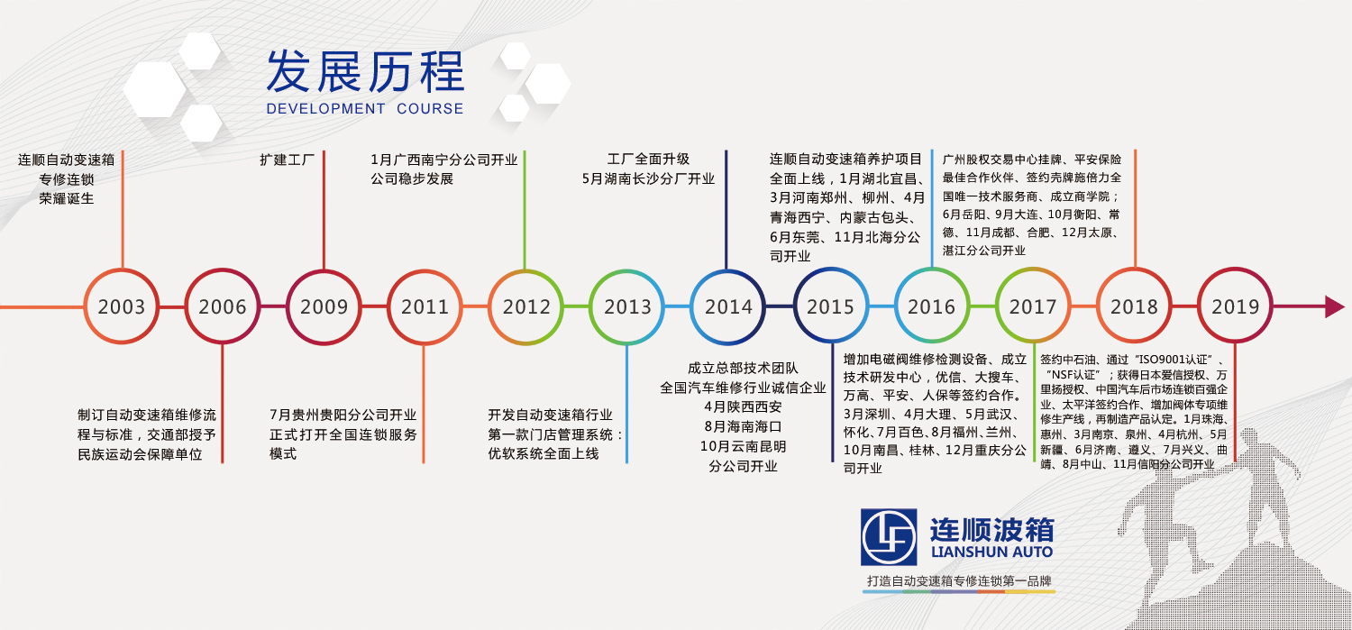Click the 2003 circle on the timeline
[122, 270]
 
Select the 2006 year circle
[222, 270]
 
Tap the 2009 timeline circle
[324, 270]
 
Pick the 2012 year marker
[525, 270]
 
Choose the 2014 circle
[728, 270]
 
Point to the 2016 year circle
[932, 270]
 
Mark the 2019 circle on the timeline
[1236, 270]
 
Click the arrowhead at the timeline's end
[1335, 306]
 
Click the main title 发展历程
[365, 72]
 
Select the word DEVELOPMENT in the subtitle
[325, 109]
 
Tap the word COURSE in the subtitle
[430, 109]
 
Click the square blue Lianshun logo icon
[889, 536]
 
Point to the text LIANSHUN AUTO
[991, 552]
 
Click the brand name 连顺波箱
[991, 529]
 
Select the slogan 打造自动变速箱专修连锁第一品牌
[959, 581]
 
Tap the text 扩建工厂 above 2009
[288, 160]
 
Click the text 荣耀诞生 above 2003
[67, 198]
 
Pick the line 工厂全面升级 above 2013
[648, 160]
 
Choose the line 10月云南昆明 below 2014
[743, 446]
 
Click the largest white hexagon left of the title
[154, 89]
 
